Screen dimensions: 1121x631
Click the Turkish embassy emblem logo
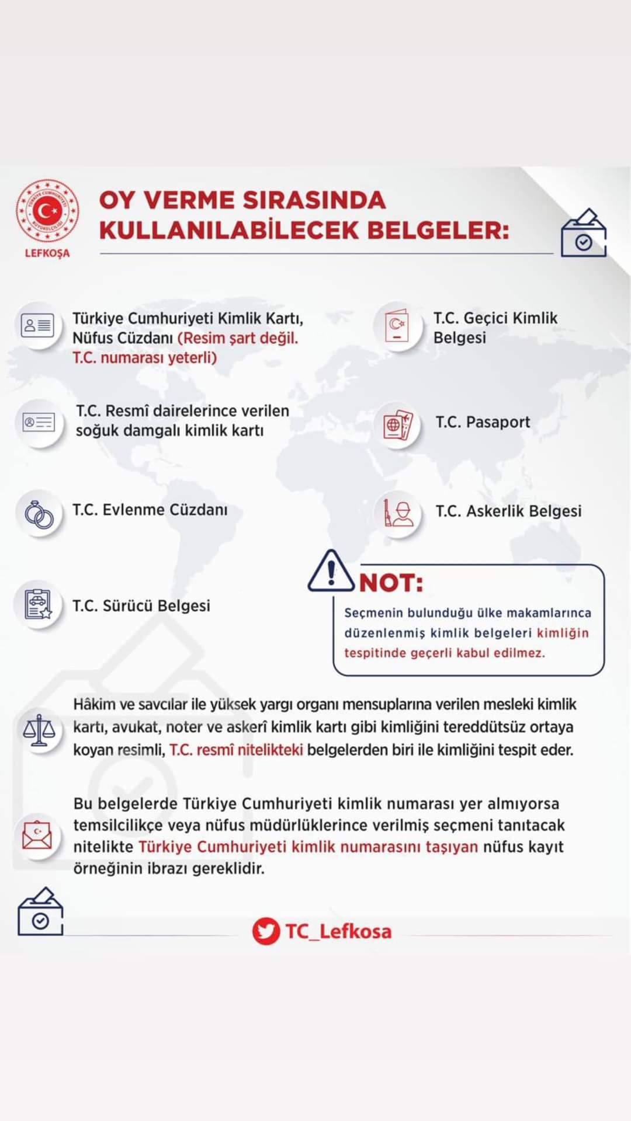click(47, 210)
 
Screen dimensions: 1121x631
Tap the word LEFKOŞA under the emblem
click(47, 253)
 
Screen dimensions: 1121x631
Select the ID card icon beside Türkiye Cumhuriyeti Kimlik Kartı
click(37, 325)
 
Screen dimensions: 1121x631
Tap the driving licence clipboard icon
click(38, 604)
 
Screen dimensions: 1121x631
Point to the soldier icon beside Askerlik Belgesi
click(398, 513)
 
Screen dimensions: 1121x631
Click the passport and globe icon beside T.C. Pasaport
click(398, 424)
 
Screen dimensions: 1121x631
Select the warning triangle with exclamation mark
click(331, 572)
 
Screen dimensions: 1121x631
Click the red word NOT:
click(391, 583)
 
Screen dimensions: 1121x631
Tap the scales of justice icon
click(39, 730)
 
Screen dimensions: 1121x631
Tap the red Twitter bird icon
click(266, 931)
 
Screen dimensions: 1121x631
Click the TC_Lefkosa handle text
click(338, 931)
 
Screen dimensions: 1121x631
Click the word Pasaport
click(498, 422)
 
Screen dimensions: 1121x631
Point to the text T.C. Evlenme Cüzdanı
click(150, 510)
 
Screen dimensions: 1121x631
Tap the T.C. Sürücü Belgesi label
click(141, 605)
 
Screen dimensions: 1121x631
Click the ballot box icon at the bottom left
click(40, 912)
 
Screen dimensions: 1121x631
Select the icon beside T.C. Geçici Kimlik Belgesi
click(397, 326)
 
